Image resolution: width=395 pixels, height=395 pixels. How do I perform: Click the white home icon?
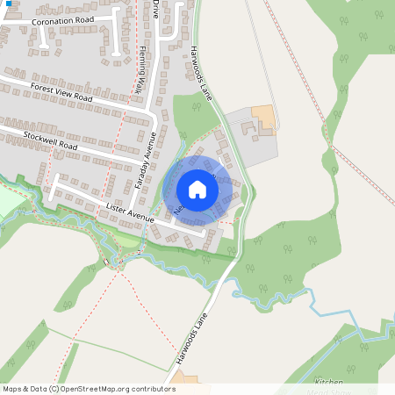tap(197, 190)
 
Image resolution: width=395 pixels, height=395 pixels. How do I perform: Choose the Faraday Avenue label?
tap(145, 161)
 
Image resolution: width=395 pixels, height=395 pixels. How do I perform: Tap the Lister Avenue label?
tap(129, 212)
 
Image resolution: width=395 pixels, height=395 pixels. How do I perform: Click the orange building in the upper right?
tap(262, 115)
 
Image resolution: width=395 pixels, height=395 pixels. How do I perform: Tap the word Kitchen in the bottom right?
tap(329, 383)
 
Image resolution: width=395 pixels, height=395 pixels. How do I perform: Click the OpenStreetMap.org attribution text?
tap(114, 389)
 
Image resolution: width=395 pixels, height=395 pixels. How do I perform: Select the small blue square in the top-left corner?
tap(3, 3)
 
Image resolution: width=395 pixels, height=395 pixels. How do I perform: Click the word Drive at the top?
tap(156, 8)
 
